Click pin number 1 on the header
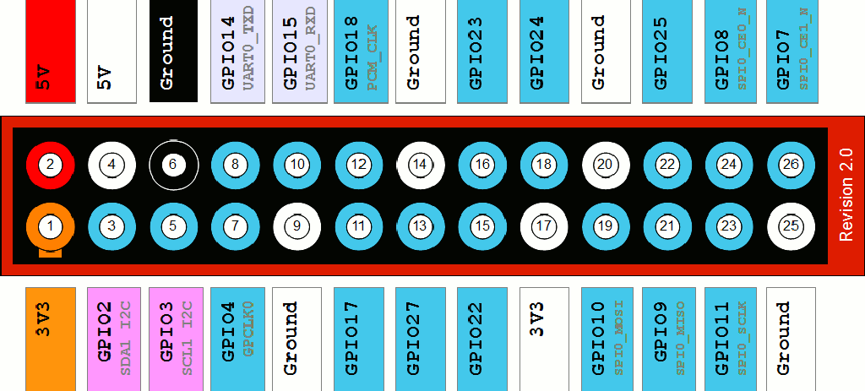pyautogui.click(x=50, y=226)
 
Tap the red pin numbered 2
pyautogui.click(x=50, y=165)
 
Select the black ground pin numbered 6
pyautogui.click(x=174, y=165)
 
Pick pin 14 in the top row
pyautogui.click(x=421, y=165)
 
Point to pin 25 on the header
pyautogui.click(x=792, y=226)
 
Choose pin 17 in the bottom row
pyautogui.click(x=545, y=226)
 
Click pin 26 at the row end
pyautogui.click(x=792, y=165)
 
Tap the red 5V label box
pyautogui.click(x=50, y=52)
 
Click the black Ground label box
pyautogui.click(x=173, y=52)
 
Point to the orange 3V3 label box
pyautogui.click(x=50, y=339)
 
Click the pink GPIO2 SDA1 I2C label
pyautogui.click(x=114, y=339)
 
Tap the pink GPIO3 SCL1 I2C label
pyautogui.click(x=176, y=339)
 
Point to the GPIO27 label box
pyautogui.click(x=421, y=339)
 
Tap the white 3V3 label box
pyautogui.click(x=544, y=339)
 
